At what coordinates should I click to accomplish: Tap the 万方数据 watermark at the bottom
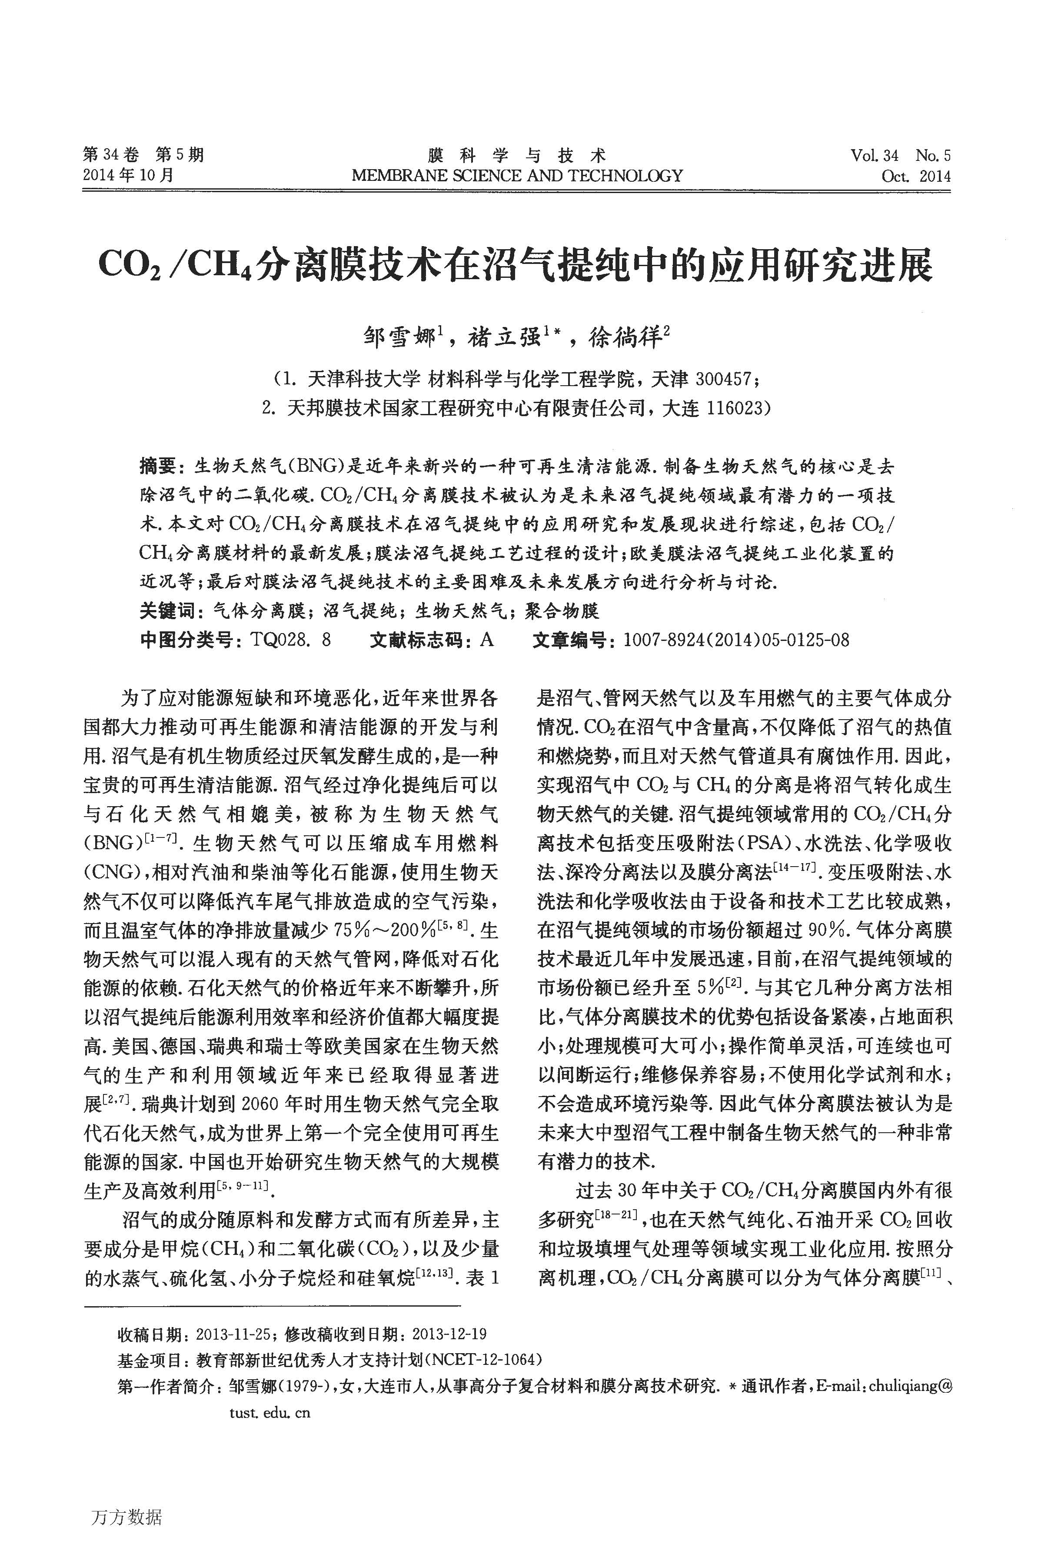tap(125, 1498)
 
